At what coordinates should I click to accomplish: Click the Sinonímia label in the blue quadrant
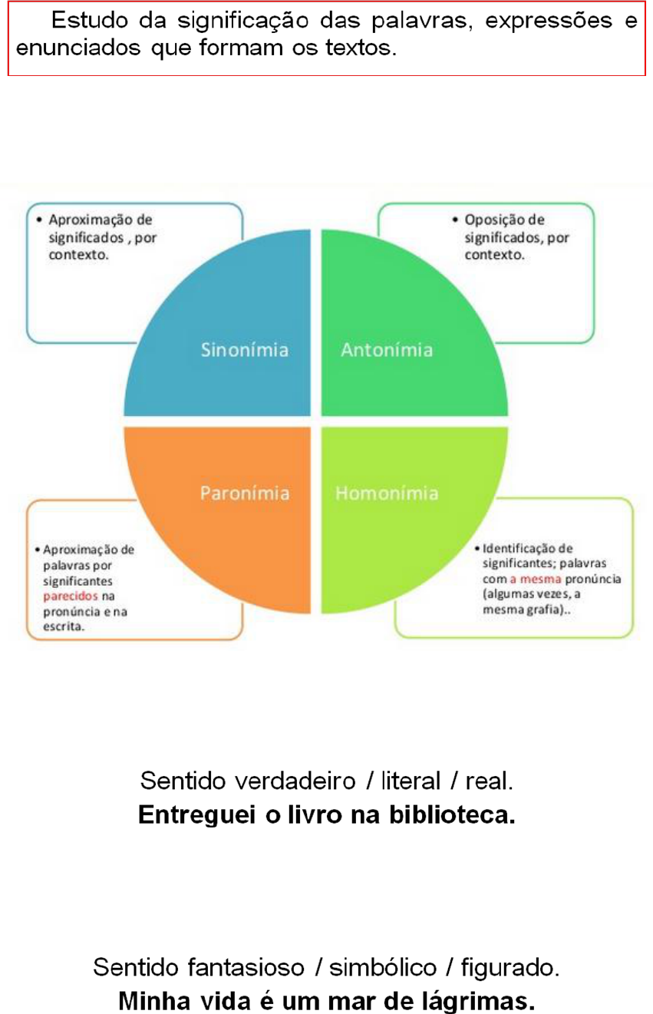[x=245, y=350]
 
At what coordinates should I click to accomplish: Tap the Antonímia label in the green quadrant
[x=386, y=350]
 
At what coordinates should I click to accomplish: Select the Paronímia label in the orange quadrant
[x=245, y=492]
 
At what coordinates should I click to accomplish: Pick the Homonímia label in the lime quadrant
[x=387, y=492]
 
